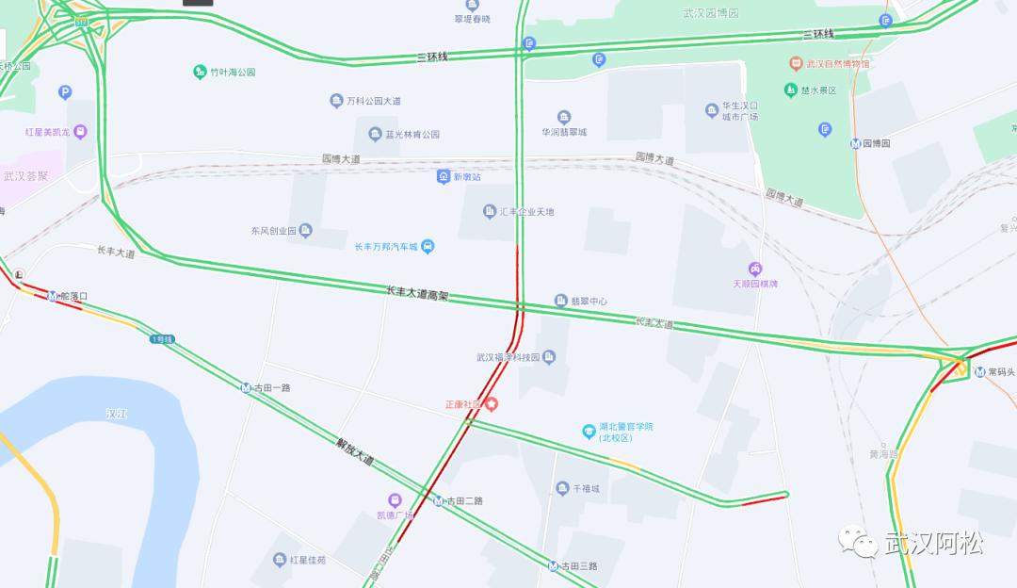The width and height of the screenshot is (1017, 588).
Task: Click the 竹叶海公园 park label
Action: [233, 72]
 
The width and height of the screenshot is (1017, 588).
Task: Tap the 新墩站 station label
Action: [466, 176]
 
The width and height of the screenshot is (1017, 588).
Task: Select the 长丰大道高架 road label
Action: [417, 294]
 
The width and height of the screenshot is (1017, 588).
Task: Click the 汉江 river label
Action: [117, 413]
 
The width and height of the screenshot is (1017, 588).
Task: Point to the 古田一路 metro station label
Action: [271, 387]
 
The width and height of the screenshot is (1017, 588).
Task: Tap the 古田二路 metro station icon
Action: [439, 500]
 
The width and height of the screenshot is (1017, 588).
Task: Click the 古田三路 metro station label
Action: [579, 565]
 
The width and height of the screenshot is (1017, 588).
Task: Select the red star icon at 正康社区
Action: [491, 403]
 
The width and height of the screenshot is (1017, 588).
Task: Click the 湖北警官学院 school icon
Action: [589, 431]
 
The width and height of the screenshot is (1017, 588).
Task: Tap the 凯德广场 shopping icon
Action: [395, 499]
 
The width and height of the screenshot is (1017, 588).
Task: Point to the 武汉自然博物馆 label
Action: [838, 64]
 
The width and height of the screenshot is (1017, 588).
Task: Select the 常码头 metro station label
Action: [1001, 371]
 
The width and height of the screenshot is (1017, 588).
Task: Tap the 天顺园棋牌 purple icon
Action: [755, 269]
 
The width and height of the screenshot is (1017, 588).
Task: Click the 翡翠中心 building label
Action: [589, 301]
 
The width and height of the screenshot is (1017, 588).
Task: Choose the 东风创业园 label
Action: [273, 230]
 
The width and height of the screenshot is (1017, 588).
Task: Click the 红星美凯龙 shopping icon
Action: [80, 132]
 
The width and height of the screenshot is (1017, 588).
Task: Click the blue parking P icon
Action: [65, 92]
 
